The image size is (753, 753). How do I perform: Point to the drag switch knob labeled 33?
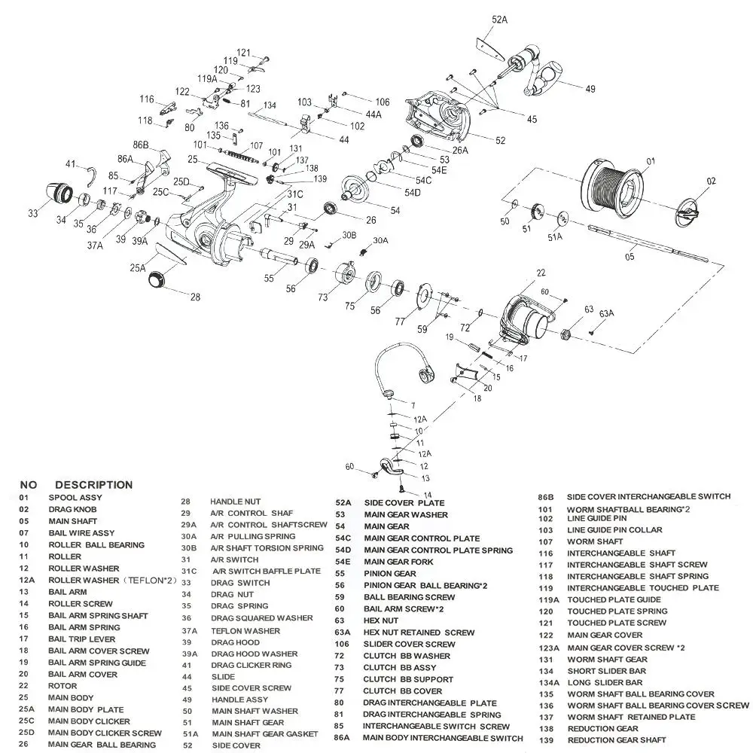coord(57,195)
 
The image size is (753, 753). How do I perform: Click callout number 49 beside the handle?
coord(590,89)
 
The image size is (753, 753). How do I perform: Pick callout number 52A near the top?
coord(500,20)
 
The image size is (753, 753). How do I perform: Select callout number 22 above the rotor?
coord(541,273)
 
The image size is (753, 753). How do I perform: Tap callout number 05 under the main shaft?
coord(630,255)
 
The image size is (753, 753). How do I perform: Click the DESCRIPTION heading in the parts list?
coord(93,485)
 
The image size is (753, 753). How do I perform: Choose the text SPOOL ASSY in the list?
coord(75,498)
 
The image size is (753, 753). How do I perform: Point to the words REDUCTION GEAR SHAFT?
coord(617,741)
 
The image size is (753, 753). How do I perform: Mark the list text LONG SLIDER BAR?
coord(605,683)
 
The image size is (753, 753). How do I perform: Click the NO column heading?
coord(28,485)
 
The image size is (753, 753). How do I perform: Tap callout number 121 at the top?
coord(244,53)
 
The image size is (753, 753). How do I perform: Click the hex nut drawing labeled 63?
coord(567,332)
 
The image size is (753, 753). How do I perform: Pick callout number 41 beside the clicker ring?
coord(71,164)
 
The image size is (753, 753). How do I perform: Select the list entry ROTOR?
coord(62,686)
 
